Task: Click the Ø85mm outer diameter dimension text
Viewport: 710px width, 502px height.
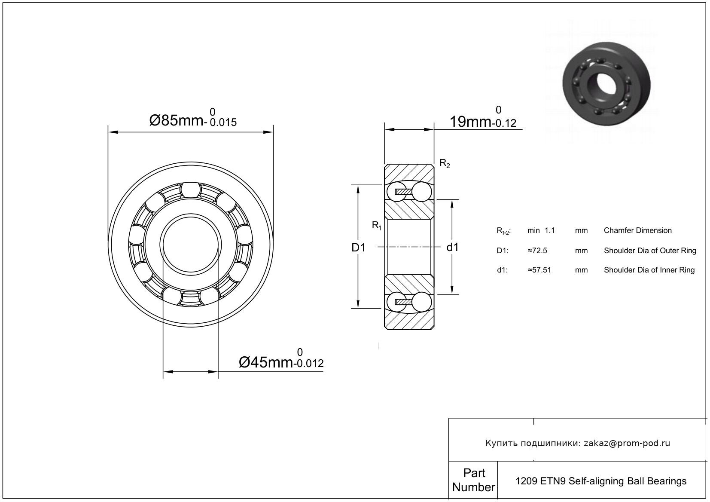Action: pyautogui.click(x=177, y=121)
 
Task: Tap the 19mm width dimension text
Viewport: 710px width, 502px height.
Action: pyautogui.click(x=470, y=122)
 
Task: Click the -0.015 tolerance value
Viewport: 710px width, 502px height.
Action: pyautogui.click(x=222, y=122)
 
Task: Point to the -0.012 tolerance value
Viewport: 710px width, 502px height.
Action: pyautogui.click(x=309, y=364)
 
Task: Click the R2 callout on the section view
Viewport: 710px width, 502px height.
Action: pyautogui.click(x=445, y=163)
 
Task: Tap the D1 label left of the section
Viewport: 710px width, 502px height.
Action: pyautogui.click(x=358, y=247)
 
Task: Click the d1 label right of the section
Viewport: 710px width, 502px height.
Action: pyautogui.click(x=452, y=247)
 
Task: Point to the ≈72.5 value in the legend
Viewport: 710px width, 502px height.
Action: pyautogui.click(x=537, y=251)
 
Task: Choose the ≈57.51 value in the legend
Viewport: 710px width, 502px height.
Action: pyautogui.click(x=539, y=270)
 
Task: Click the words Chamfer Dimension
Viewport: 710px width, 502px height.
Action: pyautogui.click(x=637, y=230)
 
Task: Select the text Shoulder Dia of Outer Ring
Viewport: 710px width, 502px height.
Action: pyautogui.click(x=649, y=251)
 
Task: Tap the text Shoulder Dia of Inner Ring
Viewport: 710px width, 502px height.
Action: pyautogui.click(x=649, y=270)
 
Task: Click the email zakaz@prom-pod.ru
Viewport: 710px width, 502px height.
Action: pyautogui.click(x=627, y=443)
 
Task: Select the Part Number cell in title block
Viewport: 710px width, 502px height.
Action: pyautogui.click(x=474, y=480)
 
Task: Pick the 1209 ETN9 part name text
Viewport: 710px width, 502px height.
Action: pyautogui.click(x=600, y=481)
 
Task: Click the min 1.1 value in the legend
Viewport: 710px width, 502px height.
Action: pyautogui.click(x=541, y=230)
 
